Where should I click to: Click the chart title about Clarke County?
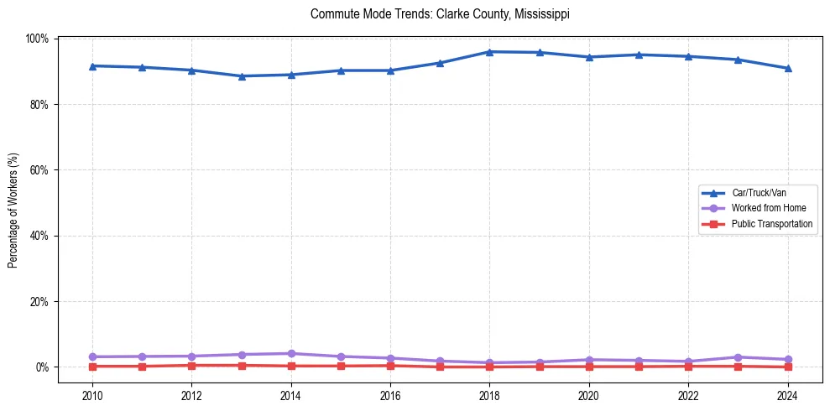(440, 14)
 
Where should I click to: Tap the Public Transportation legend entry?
(771, 224)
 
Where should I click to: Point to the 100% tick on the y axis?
(38, 39)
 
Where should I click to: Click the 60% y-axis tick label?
(39, 170)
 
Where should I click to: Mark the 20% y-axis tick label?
(39, 301)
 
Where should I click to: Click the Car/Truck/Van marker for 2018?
(489, 52)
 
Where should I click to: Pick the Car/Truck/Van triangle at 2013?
(242, 76)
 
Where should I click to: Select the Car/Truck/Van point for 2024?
(787, 69)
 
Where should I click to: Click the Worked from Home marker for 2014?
(291, 353)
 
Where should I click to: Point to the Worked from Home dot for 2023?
(738, 357)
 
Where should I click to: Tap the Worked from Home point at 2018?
(489, 362)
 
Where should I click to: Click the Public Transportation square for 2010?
(92, 367)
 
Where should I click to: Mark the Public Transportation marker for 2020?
(589, 367)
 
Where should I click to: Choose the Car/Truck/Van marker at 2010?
(92, 65)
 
